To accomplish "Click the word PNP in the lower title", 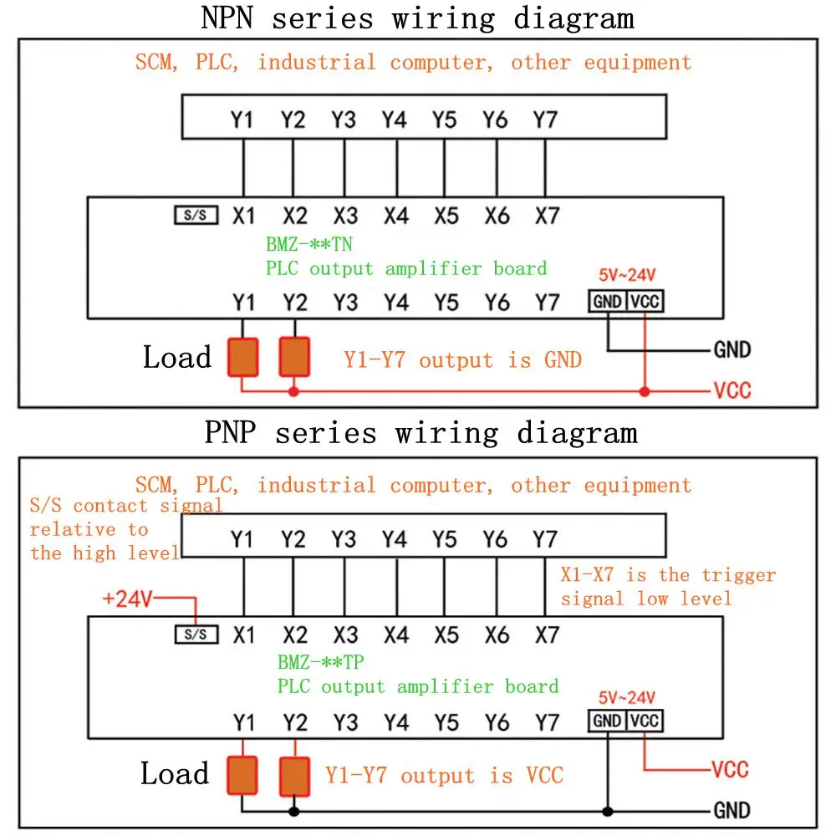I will point(232,432).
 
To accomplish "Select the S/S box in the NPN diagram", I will point(196,216).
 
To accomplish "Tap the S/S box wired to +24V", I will point(196,635).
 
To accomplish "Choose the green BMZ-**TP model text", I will point(321,663).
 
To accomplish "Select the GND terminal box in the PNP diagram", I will point(607,721).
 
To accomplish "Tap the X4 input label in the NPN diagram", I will point(395,217).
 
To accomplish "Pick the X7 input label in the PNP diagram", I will point(546,635).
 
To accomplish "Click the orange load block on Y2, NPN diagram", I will point(293,356).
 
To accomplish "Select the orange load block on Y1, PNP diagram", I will point(242,775).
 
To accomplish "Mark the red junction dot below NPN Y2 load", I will point(293,391).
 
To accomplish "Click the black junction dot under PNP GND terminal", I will point(608,811).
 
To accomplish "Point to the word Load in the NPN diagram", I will point(176,358).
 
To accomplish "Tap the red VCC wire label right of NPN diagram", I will point(731,390).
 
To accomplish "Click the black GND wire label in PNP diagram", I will point(731,810).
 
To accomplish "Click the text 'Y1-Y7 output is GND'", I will point(462,360).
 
